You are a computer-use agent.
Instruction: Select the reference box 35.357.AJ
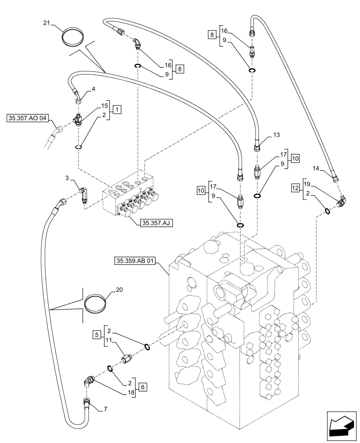[156, 224]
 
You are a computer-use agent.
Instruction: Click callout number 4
[94, 89]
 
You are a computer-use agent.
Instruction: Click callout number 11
[110, 342]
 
